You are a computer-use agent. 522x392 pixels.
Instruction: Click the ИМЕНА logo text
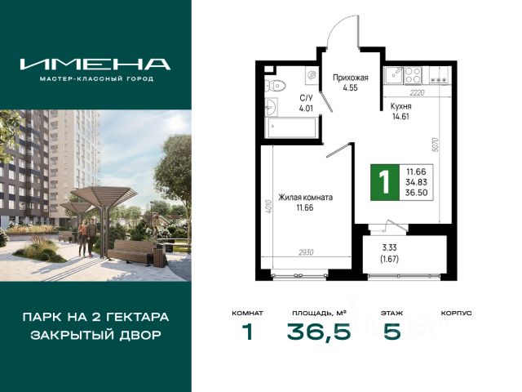click(x=95, y=64)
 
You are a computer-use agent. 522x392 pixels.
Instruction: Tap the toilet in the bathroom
click(x=276, y=86)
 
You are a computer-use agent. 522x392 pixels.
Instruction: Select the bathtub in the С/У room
click(x=290, y=127)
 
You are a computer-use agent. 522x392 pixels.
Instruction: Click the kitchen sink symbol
click(x=395, y=75)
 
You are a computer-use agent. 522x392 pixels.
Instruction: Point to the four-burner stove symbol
click(x=413, y=75)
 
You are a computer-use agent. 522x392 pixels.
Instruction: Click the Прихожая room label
click(x=351, y=78)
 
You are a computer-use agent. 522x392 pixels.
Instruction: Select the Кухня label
click(x=400, y=106)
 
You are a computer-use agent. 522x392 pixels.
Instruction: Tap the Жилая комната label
click(x=305, y=198)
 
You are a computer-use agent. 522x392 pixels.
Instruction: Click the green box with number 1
click(x=385, y=182)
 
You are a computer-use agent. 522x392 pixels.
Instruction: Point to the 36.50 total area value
click(x=416, y=193)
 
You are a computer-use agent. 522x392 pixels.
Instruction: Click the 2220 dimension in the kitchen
click(x=417, y=93)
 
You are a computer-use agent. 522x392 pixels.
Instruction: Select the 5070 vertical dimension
click(x=437, y=145)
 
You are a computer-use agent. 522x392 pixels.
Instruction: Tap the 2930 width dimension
click(x=306, y=252)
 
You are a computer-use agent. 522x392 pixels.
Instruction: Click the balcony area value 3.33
click(x=389, y=248)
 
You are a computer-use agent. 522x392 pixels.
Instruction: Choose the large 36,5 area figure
click(x=319, y=332)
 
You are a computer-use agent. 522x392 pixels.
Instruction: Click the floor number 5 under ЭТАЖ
click(x=391, y=332)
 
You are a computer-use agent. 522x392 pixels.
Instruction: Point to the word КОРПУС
click(x=456, y=314)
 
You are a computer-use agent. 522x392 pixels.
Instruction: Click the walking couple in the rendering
click(x=87, y=237)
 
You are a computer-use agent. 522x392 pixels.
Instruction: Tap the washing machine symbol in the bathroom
click(x=312, y=76)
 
